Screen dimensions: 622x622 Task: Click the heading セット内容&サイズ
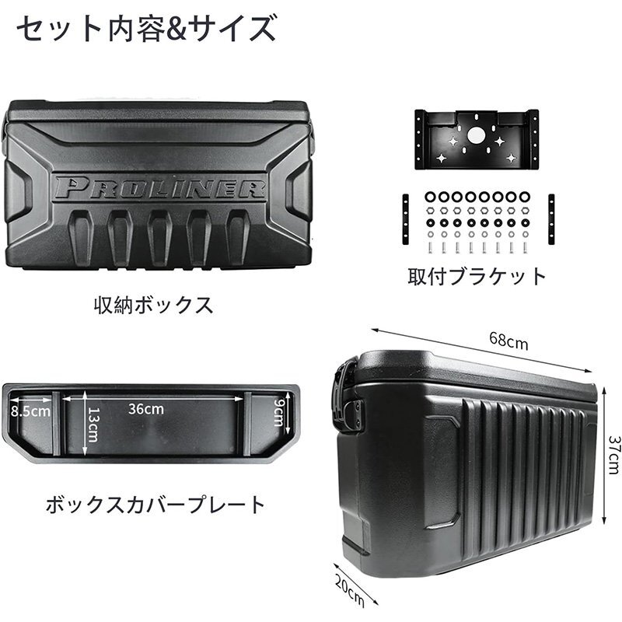point(146,29)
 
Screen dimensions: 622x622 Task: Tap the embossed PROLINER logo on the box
point(159,188)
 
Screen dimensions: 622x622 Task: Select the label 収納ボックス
point(153,306)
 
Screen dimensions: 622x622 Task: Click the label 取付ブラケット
point(477,276)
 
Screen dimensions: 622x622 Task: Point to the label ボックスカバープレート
point(155,505)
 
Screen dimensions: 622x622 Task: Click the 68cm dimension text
point(508,341)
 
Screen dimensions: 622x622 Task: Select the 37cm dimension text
point(613,455)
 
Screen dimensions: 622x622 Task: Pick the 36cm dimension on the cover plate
point(146,409)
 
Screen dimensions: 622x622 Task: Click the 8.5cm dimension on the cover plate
point(30,411)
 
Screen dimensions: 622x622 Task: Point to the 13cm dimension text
point(93,425)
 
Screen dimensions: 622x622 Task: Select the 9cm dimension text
point(279,412)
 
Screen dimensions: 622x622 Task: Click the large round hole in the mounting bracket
point(476,135)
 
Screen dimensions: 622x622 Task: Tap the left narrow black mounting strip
point(405,219)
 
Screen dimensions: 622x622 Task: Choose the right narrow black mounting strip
point(551,219)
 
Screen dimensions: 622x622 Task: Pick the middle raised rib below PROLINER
point(159,237)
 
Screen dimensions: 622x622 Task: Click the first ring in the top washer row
point(431,197)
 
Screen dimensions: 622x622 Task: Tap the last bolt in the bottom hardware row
point(526,247)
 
